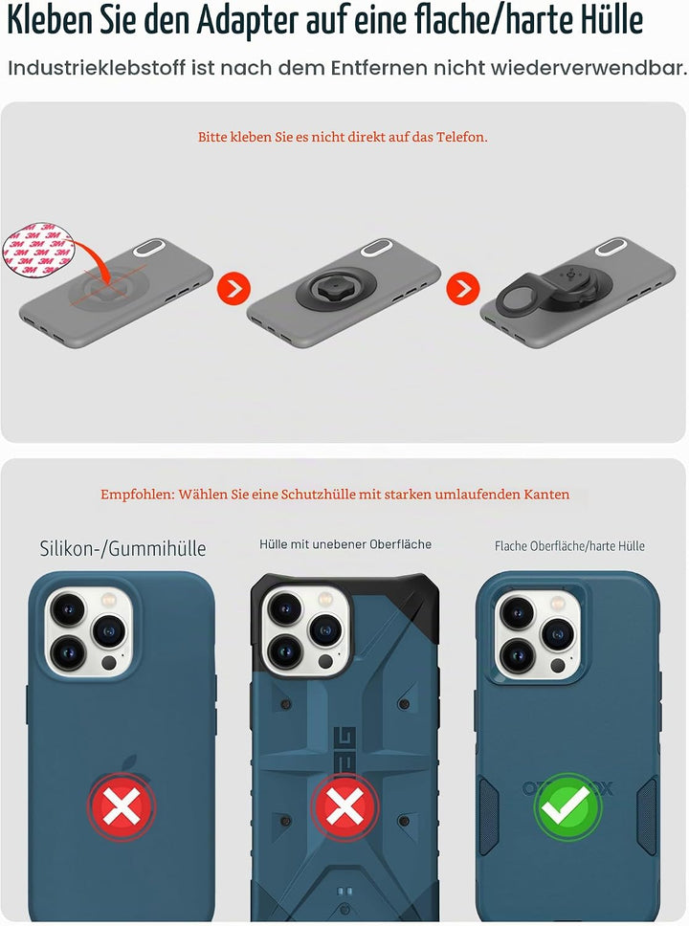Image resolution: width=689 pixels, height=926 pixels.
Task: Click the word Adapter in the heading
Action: pos(246,21)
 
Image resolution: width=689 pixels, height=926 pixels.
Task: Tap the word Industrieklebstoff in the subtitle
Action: pos(97,68)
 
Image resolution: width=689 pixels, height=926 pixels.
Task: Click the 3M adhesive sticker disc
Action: pos(39,250)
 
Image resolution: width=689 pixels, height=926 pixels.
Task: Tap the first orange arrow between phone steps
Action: pos(234,288)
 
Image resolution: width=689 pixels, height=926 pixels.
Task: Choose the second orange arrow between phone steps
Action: pos(462,288)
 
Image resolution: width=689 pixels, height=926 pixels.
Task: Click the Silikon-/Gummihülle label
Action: pos(122,549)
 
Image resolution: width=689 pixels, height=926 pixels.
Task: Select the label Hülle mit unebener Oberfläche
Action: pos(345,544)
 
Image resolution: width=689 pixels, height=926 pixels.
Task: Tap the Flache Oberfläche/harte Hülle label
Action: pos(569,546)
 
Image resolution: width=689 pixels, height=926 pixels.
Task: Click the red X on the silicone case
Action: pos(122,806)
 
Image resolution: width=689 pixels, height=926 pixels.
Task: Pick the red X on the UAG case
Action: pos(344,806)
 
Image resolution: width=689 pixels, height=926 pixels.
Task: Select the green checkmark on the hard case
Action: pos(567,806)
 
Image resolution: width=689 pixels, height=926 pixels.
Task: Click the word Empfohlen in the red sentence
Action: pos(138,495)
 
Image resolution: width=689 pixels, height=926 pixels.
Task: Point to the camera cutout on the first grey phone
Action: pos(149,248)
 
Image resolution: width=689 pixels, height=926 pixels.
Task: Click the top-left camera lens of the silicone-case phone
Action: pos(68,609)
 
